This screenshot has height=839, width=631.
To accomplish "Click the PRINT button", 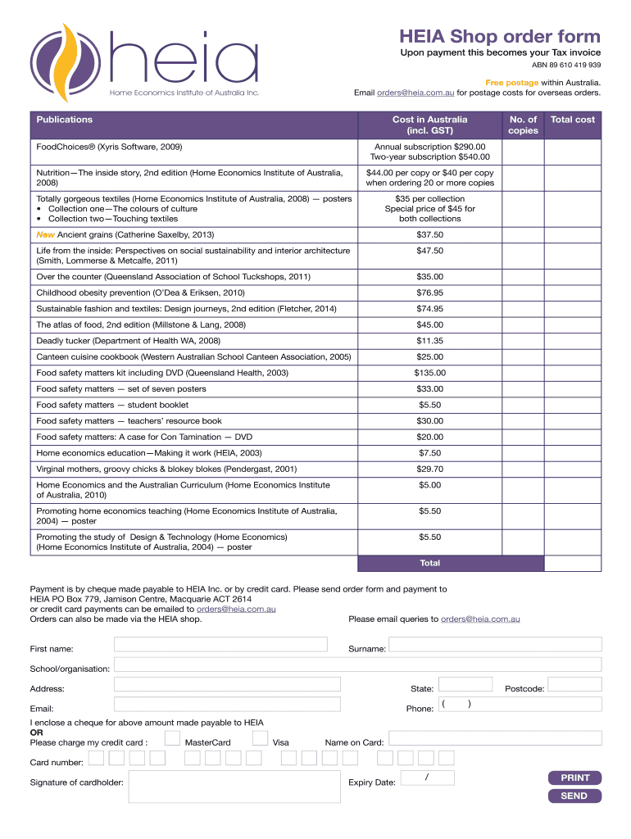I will (574, 778).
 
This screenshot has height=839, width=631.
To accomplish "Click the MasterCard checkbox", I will (172, 737).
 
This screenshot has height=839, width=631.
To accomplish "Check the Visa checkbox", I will (260, 737).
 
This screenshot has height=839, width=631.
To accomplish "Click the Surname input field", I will (495, 645).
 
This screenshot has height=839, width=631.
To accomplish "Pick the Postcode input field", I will (574, 684).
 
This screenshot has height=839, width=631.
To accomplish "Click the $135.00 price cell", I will (430, 373).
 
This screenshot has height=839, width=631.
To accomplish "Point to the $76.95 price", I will (430, 293).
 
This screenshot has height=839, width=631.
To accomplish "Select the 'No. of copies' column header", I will (523, 125).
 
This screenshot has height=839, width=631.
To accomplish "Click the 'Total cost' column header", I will (573, 120).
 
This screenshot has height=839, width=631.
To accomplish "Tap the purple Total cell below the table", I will (430, 563).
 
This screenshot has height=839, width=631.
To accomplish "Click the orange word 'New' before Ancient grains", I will (45, 234).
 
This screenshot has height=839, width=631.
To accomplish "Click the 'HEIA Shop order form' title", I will (500, 36).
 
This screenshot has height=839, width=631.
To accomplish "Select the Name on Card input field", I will (495, 738).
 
